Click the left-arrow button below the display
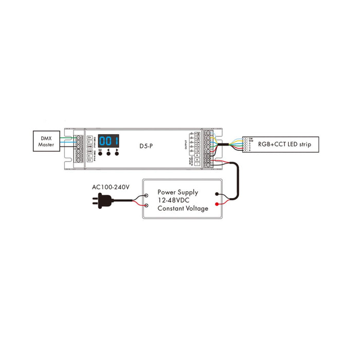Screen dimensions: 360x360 (109, 153)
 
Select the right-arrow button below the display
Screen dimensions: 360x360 (118, 153)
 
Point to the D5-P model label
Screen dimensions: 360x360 (145, 146)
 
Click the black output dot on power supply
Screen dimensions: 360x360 (221, 195)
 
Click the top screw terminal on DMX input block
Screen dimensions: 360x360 (80, 137)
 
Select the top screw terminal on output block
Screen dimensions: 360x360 (208, 133)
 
